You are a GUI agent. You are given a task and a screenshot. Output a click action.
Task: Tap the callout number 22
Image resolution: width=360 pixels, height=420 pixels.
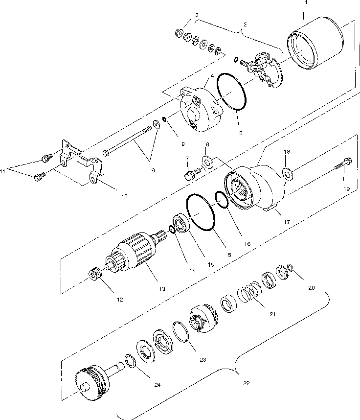click(246, 383)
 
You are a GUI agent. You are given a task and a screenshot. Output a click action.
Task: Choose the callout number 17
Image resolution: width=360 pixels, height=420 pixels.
click(287, 222)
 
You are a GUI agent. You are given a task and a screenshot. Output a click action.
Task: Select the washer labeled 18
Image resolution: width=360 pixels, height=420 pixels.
click(287, 172)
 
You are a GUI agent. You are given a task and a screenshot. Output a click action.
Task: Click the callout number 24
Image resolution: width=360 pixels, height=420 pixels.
click(157, 385)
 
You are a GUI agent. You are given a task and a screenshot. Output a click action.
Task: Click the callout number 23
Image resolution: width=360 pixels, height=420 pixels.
click(202, 360)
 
